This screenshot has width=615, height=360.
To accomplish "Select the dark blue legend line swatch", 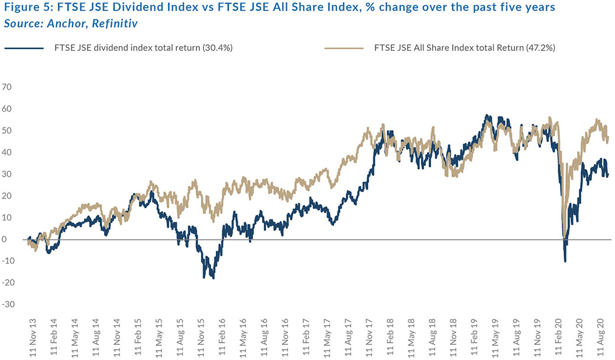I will click(24, 48).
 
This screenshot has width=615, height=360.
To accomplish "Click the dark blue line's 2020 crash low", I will click(565, 261).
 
